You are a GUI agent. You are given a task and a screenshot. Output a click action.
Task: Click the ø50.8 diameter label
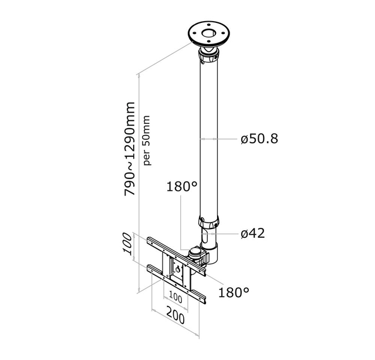pos(259,139)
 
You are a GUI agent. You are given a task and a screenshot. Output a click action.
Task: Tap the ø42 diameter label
pos(253,233)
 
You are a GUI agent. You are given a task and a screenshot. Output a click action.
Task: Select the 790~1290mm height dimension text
pos(130,149)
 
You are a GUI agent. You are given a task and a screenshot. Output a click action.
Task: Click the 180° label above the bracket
pos(182,187)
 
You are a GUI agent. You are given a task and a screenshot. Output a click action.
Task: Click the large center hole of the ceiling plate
pos(210,33)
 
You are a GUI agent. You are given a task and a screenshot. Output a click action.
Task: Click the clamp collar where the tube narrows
pos(210,224)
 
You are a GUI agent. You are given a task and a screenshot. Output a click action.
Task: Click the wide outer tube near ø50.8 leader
pos(210,139)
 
